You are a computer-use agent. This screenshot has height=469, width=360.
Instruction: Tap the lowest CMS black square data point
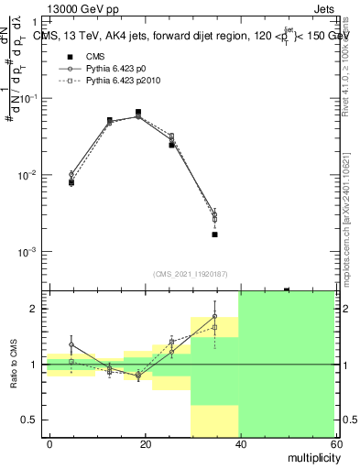[214, 234]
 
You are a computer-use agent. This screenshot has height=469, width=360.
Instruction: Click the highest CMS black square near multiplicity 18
[137, 113]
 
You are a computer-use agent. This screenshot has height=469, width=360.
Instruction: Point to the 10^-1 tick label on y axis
[27, 98]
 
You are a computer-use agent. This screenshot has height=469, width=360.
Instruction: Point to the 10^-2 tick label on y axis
[27, 175]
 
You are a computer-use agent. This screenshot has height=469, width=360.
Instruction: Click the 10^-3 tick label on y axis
[27, 252]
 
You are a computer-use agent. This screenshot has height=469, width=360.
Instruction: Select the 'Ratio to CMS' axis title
[13, 363]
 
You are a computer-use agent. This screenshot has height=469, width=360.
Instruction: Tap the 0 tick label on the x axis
[49, 443]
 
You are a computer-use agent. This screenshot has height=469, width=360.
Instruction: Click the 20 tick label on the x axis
[145, 443]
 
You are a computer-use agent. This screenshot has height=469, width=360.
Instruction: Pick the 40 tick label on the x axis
[240, 443]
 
